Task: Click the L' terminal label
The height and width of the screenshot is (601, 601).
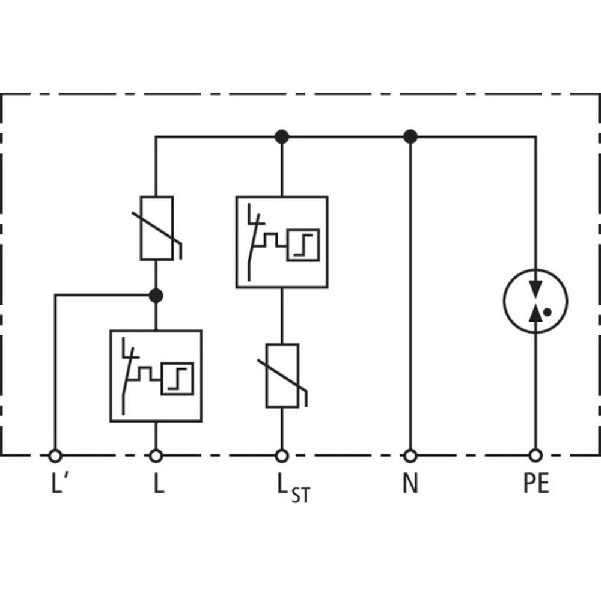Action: pos(57,484)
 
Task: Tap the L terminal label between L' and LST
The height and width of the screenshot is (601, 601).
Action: pos(157,484)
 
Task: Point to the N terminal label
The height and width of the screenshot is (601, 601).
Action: pos(410,484)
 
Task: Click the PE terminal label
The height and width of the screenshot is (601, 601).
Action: pos(535,484)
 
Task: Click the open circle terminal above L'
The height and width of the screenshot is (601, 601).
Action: pos(55,456)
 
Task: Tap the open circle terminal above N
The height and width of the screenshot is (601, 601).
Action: pos(410,456)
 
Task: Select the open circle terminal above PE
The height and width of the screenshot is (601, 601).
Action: pos(535,456)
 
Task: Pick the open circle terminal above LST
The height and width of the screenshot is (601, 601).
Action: pos(282,456)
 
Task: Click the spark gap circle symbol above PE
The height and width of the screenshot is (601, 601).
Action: pos(535,300)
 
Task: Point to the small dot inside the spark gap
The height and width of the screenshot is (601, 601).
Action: pos(548,312)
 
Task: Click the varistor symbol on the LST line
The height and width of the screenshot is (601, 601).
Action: pos(282,376)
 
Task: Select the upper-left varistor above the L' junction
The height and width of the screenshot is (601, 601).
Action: pos(157,228)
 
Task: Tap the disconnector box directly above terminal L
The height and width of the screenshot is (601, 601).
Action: pos(156,376)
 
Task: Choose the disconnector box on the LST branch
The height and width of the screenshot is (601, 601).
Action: pos(282,242)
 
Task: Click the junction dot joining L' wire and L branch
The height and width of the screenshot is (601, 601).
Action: pos(156,295)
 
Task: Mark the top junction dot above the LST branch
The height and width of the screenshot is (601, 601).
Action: pos(282,137)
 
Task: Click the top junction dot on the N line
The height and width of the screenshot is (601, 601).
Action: pos(410,137)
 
